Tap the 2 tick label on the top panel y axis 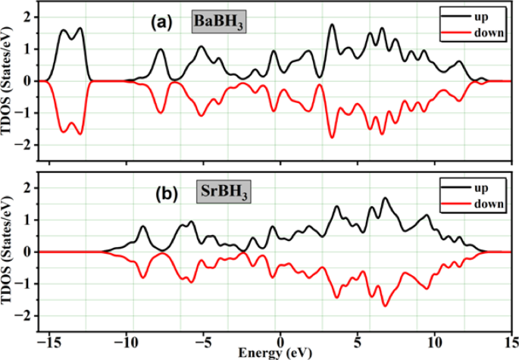click(27, 17)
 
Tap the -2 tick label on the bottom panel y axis click(25, 316)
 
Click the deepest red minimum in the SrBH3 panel click(385, 305)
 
